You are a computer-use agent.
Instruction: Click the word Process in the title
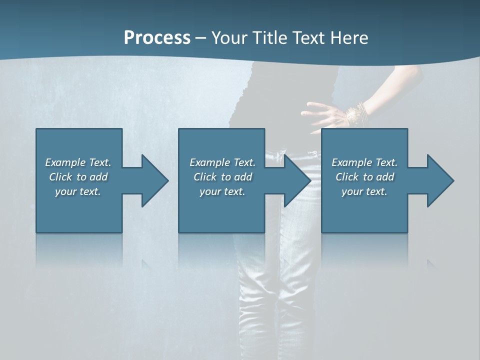point(157,37)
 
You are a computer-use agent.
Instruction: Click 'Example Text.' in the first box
point(78,162)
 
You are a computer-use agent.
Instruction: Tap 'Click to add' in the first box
point(78,177)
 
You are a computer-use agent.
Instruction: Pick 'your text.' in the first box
point(78,191)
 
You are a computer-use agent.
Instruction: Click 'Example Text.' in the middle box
point(222,162)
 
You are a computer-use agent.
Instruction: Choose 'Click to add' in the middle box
point(222,177)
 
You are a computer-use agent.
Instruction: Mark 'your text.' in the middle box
point(222,191)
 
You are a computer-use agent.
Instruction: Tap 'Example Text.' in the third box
point(364,162)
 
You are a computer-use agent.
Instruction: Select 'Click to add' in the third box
point(364,177)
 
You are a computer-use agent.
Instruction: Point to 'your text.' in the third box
point(364,191)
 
